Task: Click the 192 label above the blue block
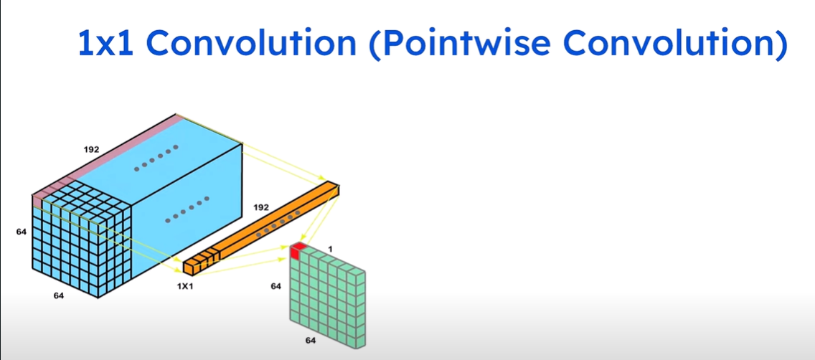tap(92, 151)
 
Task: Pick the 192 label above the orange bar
tap(260, 208)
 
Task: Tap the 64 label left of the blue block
tap(21, 232)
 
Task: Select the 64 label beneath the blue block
tap(60, 295)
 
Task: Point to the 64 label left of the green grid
tap(276, 286)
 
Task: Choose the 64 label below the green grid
tap(311, 341)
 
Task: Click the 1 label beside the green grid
tap(330, 250)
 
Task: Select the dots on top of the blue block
tap(155, 160)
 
